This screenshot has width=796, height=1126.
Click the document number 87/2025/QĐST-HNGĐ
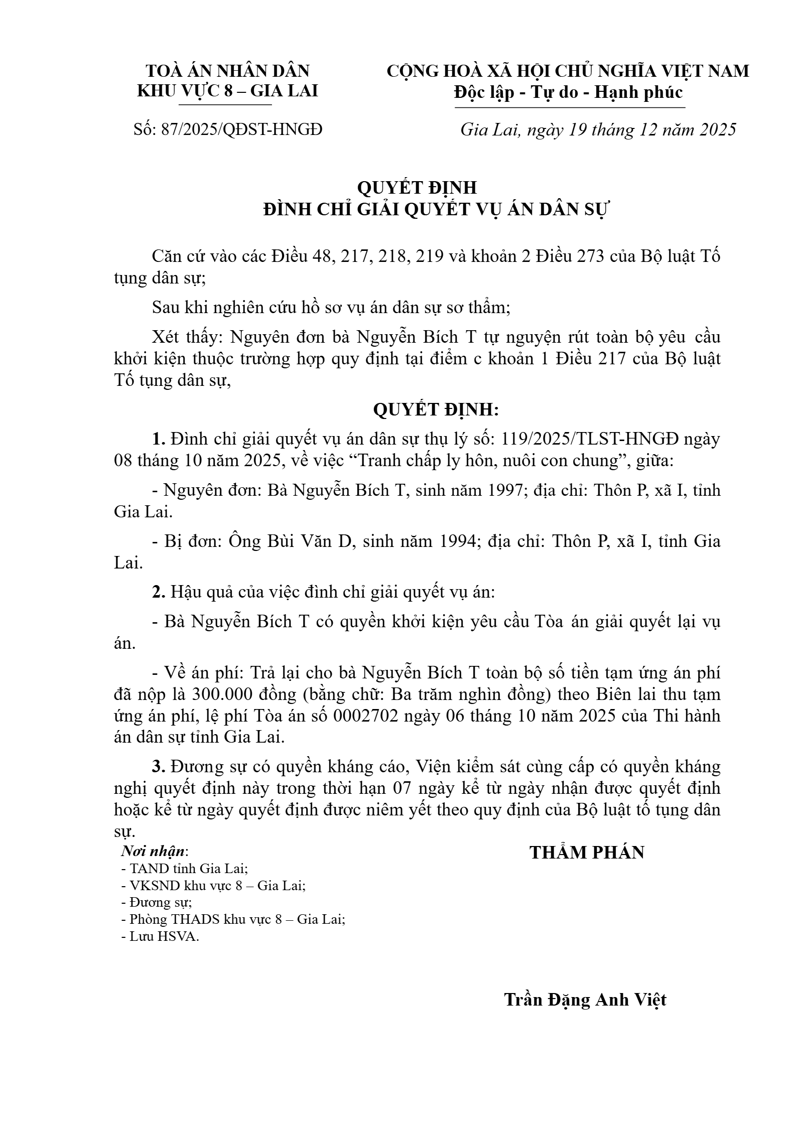coord(241,129)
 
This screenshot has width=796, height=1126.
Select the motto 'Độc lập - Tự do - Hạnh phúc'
coord(568,92)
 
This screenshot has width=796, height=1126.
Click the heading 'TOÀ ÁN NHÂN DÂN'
coord(227,71)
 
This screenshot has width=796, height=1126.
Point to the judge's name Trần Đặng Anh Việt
coord(585,999)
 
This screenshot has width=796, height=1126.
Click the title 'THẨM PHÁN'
coord(587,853)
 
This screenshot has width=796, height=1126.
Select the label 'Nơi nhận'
coord(154,852)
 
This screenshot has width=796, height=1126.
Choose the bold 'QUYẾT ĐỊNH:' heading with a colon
coord(436,410)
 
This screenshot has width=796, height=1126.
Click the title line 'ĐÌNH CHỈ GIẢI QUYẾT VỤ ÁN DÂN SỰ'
coord(436,210)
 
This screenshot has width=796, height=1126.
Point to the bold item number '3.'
coord(159,767)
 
